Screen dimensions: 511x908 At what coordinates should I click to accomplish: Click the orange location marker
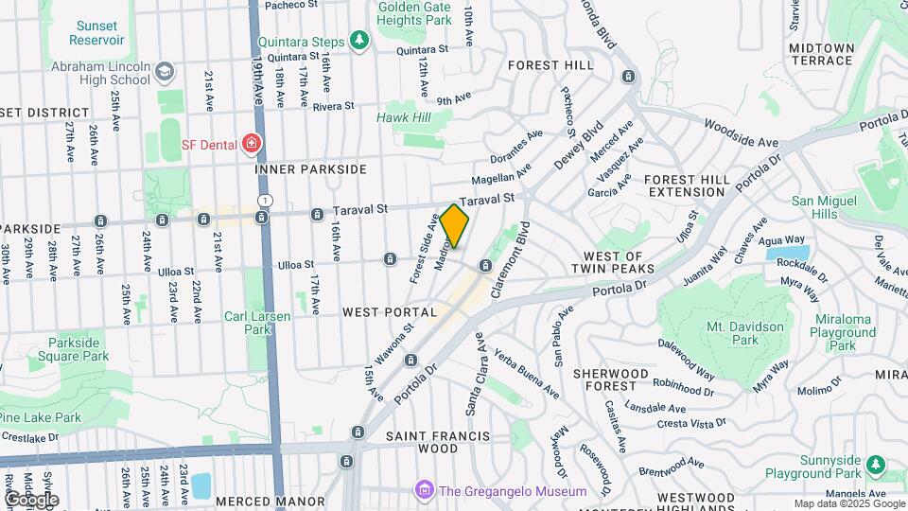point(454,226)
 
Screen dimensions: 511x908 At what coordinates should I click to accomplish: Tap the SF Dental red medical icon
point(252,144)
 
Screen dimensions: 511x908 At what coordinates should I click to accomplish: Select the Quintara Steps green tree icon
point(358,40)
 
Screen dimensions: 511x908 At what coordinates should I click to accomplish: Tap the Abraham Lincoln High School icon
point(166,72)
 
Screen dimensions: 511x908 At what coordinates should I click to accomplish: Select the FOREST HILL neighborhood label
point(551,65)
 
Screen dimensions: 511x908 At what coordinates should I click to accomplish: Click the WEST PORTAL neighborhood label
point(390,311)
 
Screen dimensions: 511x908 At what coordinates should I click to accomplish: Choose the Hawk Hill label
point(404,117)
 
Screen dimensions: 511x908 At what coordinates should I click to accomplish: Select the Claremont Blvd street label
point(523,256)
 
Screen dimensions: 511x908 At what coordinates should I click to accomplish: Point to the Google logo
point(30,500)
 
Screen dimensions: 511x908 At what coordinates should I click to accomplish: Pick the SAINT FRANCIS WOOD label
point(438,442)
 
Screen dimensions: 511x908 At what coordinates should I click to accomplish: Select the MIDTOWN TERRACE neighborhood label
point(821,54)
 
